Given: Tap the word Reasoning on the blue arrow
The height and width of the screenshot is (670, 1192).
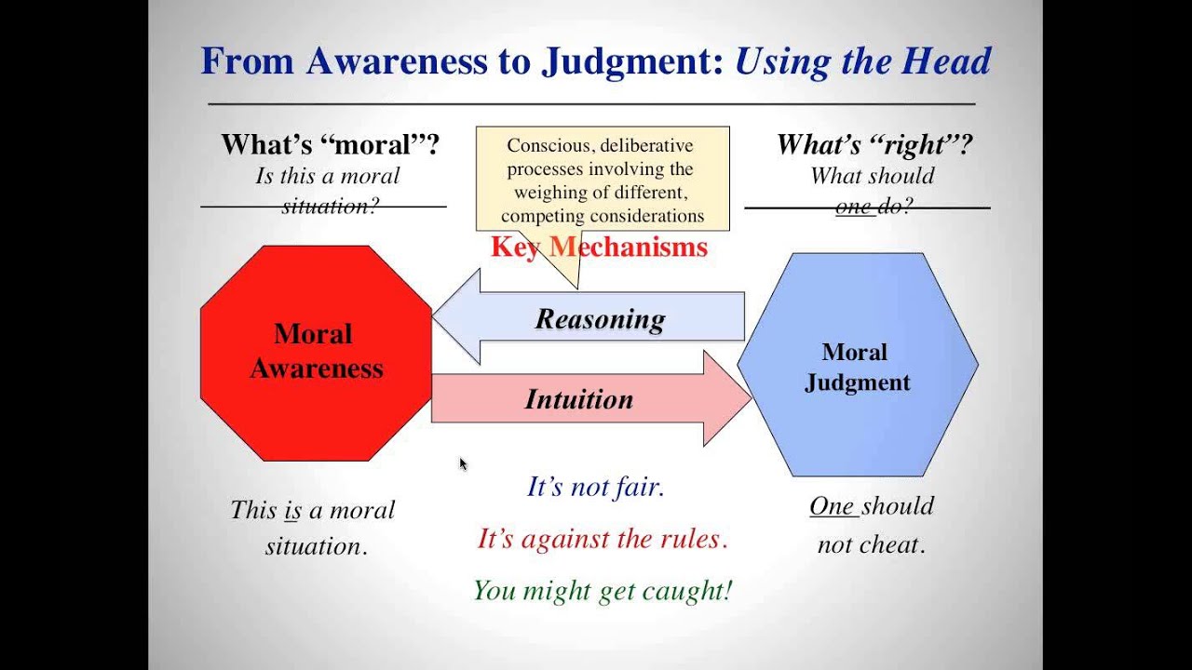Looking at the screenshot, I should (600, 319).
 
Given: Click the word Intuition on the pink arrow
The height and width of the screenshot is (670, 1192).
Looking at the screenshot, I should (578, 399).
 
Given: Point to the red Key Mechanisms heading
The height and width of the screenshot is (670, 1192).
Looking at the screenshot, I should (600, 248).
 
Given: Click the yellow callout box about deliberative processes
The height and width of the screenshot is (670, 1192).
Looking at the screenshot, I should (603, 180).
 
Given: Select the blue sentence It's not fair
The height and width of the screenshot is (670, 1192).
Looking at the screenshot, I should (596, 487).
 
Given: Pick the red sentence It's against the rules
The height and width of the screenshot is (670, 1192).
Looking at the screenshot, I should (602, 538).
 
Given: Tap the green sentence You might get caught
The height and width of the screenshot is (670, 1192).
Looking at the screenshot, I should (603, 590).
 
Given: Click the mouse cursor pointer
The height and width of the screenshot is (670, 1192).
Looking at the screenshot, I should (463, 463).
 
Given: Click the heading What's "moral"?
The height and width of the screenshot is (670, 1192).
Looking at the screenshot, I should (330, 144).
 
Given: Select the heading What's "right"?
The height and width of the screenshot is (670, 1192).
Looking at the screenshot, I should (874, 144).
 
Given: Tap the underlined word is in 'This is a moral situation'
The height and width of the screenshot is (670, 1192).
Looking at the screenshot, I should (292, 510).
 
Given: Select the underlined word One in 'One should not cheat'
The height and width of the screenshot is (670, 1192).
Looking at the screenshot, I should (831, 506).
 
